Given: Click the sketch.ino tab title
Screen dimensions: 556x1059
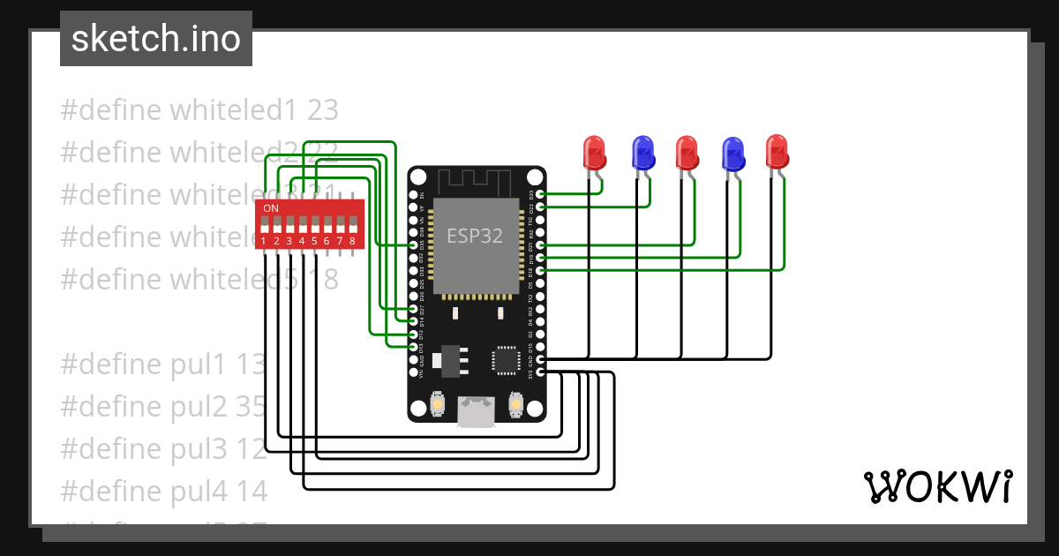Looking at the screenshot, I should (x=155, y=39).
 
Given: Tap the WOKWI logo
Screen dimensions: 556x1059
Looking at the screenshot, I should (x=936, y=486).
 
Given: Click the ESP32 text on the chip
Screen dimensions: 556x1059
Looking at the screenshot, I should (x=475, y=236).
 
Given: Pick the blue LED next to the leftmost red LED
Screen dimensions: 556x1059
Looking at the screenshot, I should (x=643, y=153).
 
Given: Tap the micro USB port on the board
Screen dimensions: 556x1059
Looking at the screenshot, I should (x=477, y=411).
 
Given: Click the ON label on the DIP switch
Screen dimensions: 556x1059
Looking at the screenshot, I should (x=271, y=208).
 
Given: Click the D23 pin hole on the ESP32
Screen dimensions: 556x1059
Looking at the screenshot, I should (x=541, y=194).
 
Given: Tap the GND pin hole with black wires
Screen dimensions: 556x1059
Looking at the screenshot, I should (x=541, y=360).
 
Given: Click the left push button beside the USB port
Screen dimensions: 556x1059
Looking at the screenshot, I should (x=437, y=404).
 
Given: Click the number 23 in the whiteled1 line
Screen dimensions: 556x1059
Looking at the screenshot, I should (x=323, y=110).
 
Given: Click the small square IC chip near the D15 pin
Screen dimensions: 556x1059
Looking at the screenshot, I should (x=506, y=359).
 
